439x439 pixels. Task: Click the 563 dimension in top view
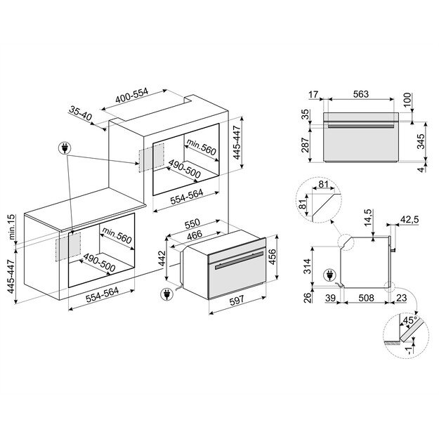coord(361,94)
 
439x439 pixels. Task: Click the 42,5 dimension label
coord(410,220)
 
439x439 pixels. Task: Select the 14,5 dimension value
coord(370,218)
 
